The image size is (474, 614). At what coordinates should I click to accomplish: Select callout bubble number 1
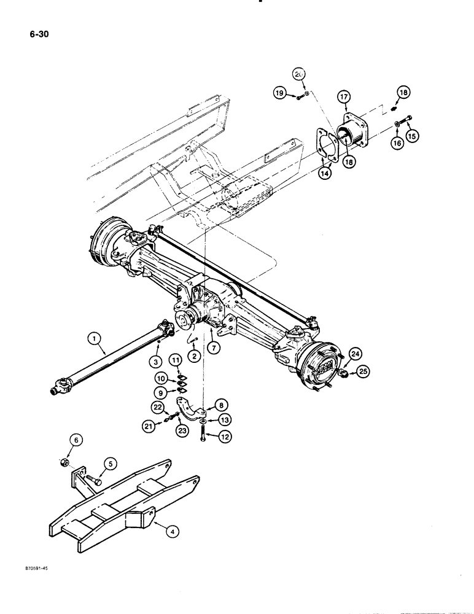94,336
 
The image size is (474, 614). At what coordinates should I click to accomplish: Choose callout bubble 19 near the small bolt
279,94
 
